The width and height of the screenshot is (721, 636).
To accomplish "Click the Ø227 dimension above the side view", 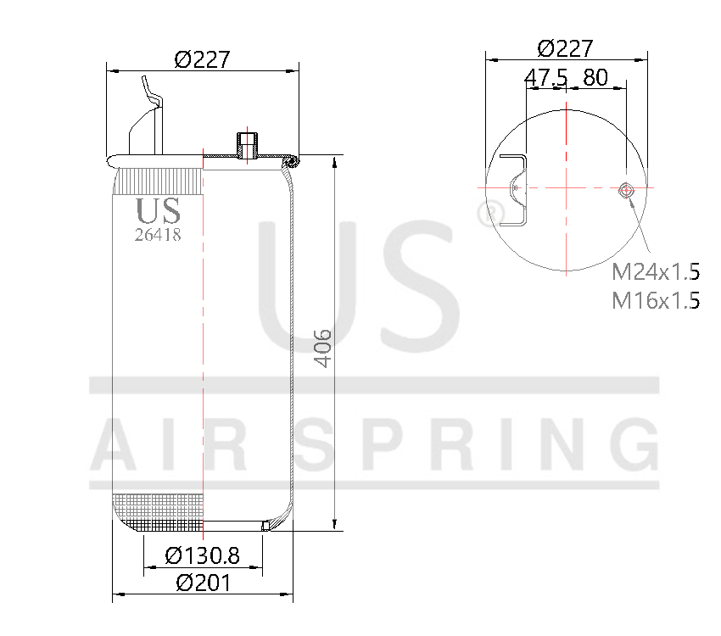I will coord(202,59).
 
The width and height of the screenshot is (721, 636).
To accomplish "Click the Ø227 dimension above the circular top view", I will coord(565,48).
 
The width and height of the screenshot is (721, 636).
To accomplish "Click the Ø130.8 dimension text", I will coord(203,555).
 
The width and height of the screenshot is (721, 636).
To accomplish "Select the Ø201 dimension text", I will coord(203,583).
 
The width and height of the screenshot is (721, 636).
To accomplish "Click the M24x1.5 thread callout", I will coord(656,272).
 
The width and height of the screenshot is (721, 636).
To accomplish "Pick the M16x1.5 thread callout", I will coord(656,300).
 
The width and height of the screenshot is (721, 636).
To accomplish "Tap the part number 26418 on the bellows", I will coord(158,235).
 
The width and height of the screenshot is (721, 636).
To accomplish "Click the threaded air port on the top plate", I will coord(247,146).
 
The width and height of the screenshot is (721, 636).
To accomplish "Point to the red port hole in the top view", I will coord(626,189).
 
